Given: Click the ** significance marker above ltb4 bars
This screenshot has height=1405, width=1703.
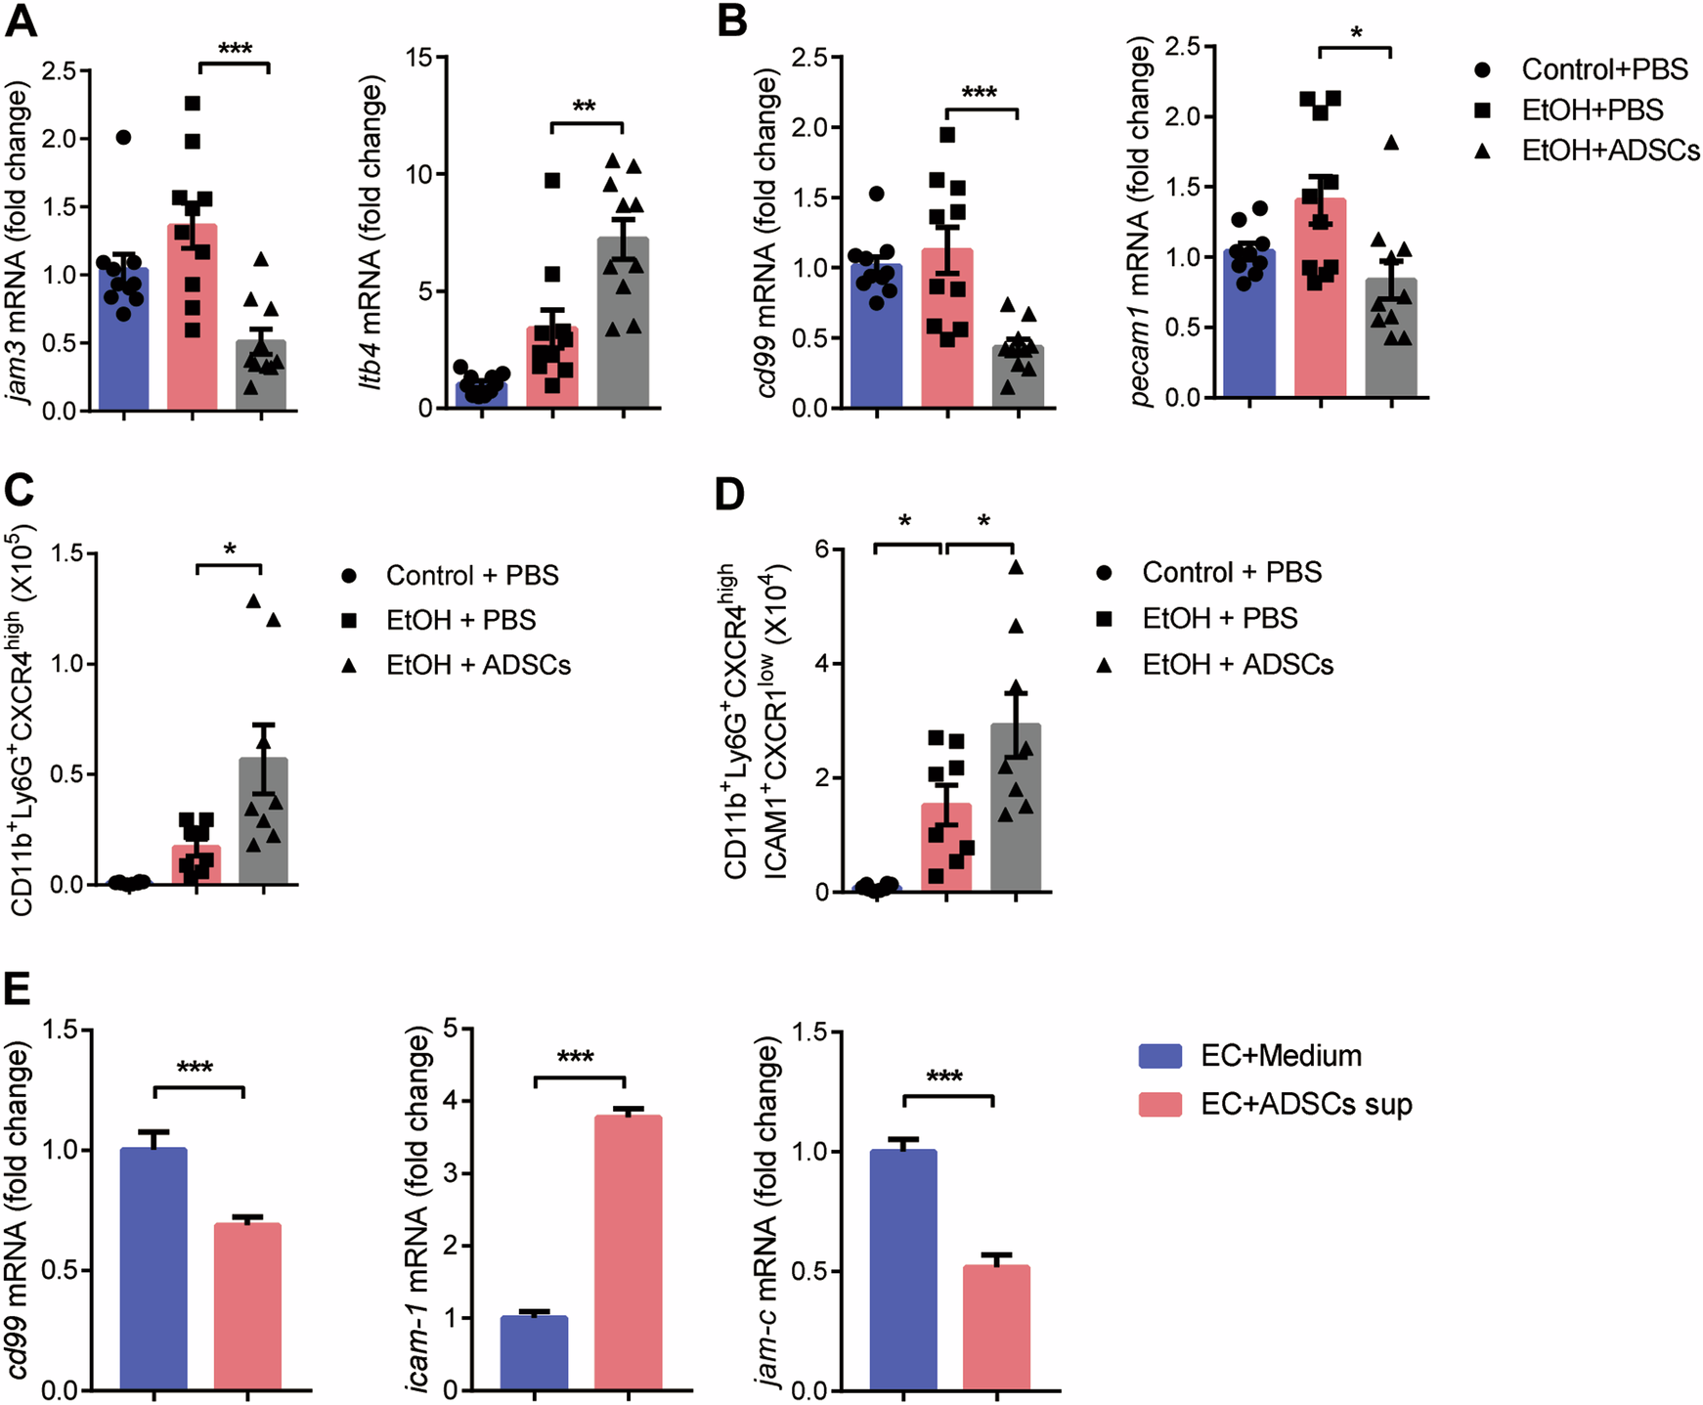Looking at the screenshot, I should (x=585, y=106).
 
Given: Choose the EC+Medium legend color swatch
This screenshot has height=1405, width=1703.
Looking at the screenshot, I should (x=1160, y=1056).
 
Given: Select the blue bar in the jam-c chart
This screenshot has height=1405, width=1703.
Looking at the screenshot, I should (x=903, y=1271).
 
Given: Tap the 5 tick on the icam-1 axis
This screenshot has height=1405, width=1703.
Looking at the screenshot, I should (x=452, y=1029).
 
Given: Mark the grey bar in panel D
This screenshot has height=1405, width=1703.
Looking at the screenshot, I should (x=1016, y=812).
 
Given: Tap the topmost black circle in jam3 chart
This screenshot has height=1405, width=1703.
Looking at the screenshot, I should (x=123, y=137).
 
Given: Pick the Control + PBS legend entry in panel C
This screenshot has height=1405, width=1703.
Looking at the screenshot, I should (x=472, y=575).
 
